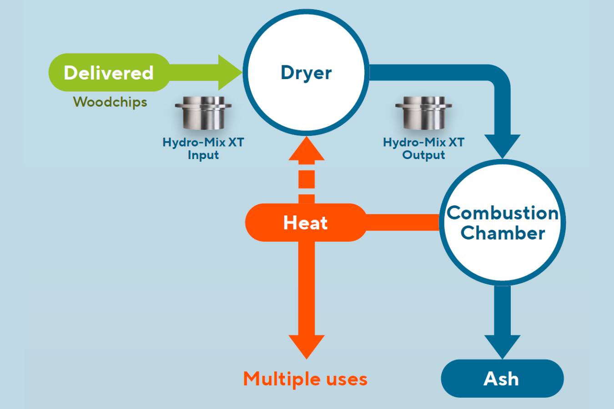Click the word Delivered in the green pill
108,73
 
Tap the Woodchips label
110,102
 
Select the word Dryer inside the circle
306,73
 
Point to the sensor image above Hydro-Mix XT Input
203,113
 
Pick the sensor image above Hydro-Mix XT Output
423,113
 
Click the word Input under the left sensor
203,155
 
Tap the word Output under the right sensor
423,155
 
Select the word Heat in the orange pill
305,223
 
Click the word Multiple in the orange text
276,379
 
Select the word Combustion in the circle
503,213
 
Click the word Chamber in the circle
503,233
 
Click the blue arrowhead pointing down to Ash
502,346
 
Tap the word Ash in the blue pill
501,379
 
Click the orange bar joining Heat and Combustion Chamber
403,222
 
